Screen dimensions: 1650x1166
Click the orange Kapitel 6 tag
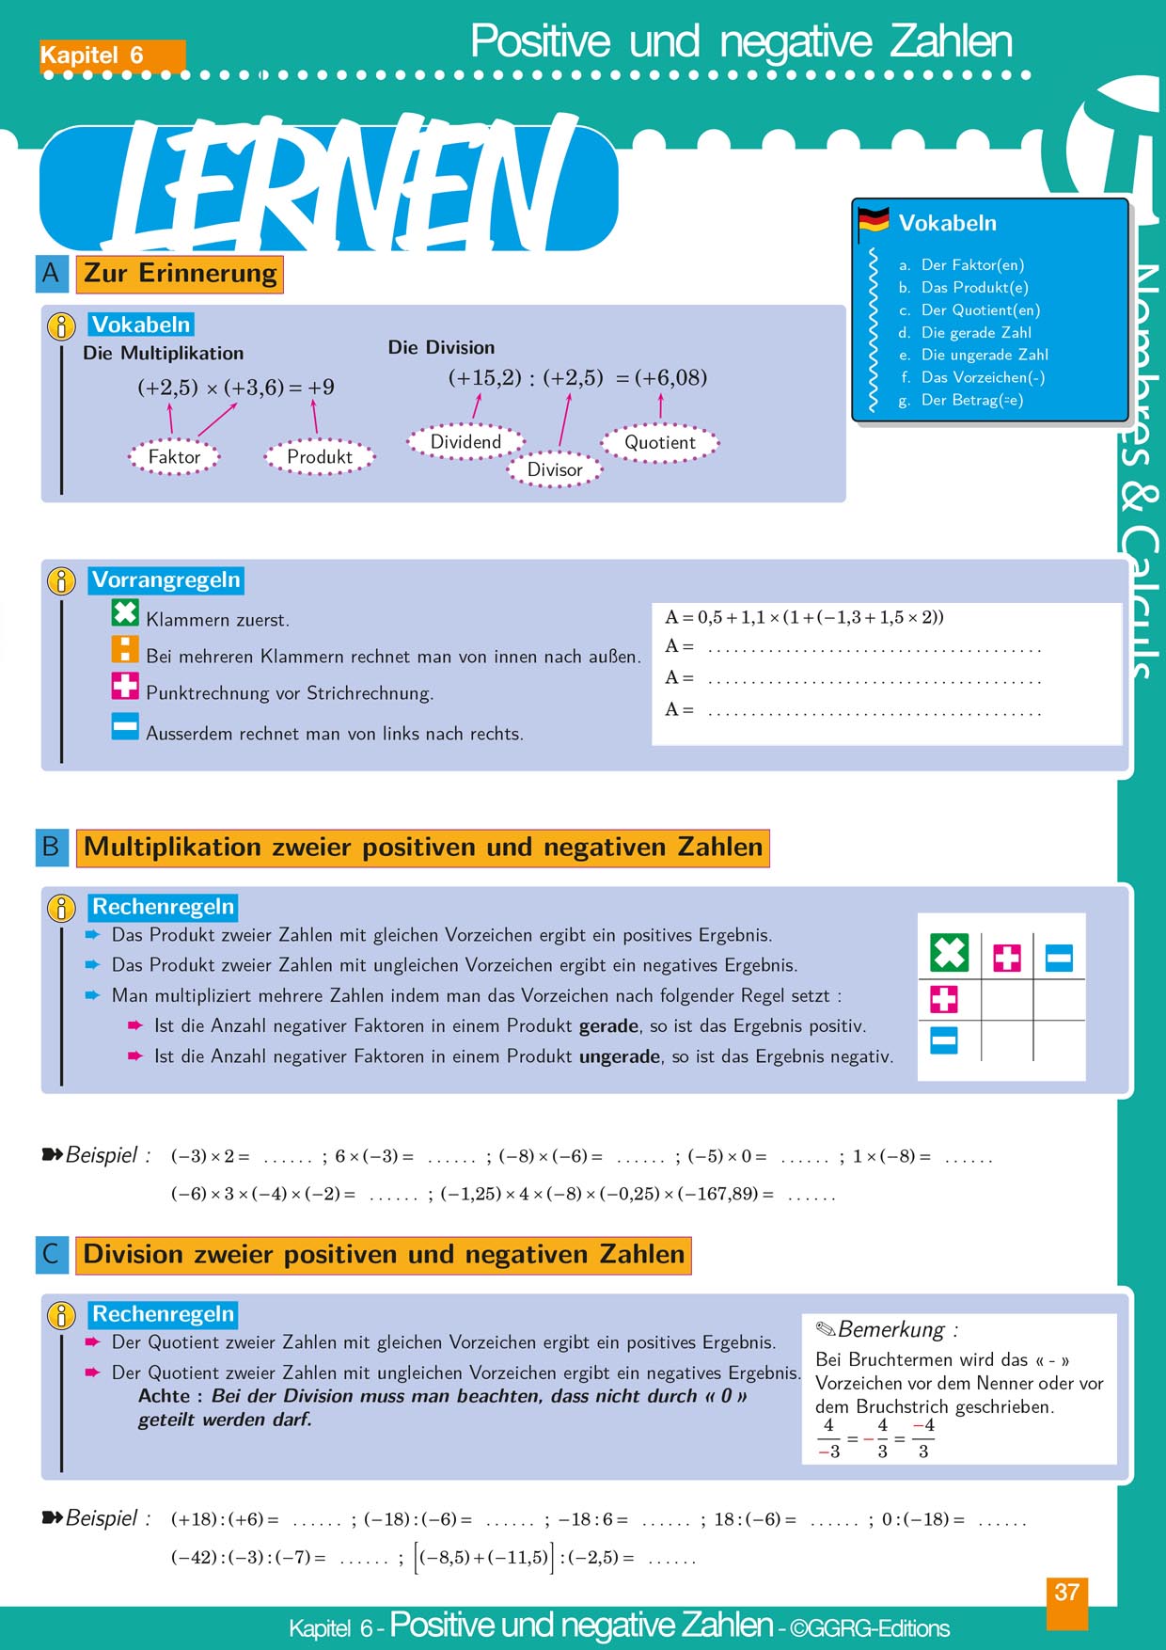pyautogui.click(x=111, y=56)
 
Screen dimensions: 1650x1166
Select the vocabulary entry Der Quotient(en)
pyautogui.click(x=980, y=310)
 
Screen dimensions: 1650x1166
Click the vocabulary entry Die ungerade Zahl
pyautogui.click(x=984, y=355)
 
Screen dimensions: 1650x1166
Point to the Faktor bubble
pyautogui.click(x=174, y=457)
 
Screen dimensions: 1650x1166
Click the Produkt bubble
pyautogui.click(x=319, y=457)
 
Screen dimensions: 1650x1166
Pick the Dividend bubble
pyautogui.click(x=465, y=442)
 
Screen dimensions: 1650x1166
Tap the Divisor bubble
pyautogui.click(x=554, y=469)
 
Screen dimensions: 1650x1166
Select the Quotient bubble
pyautogui.click(x=660, y=443)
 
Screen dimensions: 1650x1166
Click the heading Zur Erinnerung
pyautogui.click(x=180, y=274)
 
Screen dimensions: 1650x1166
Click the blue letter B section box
pyautogui.click(x=52, y=847)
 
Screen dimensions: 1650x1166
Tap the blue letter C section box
pyautogui.click(x=52, y=1255)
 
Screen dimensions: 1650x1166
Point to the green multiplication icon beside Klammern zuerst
pyautogui.click(x=125, y=612)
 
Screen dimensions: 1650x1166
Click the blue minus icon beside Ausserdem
pyautogui.click(x=125, y=726)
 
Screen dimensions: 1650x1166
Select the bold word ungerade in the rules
pyautogui.click(x=619, y=1056)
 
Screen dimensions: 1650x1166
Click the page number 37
pyautogui.click(x=1066, y=1593)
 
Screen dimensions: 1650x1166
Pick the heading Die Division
pyautogui.click(x=441, y=347)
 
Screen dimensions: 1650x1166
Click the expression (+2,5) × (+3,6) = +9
pyautogui.click(x=236, y=387)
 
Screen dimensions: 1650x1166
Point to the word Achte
pyautogui.click(x=164, y=1396)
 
